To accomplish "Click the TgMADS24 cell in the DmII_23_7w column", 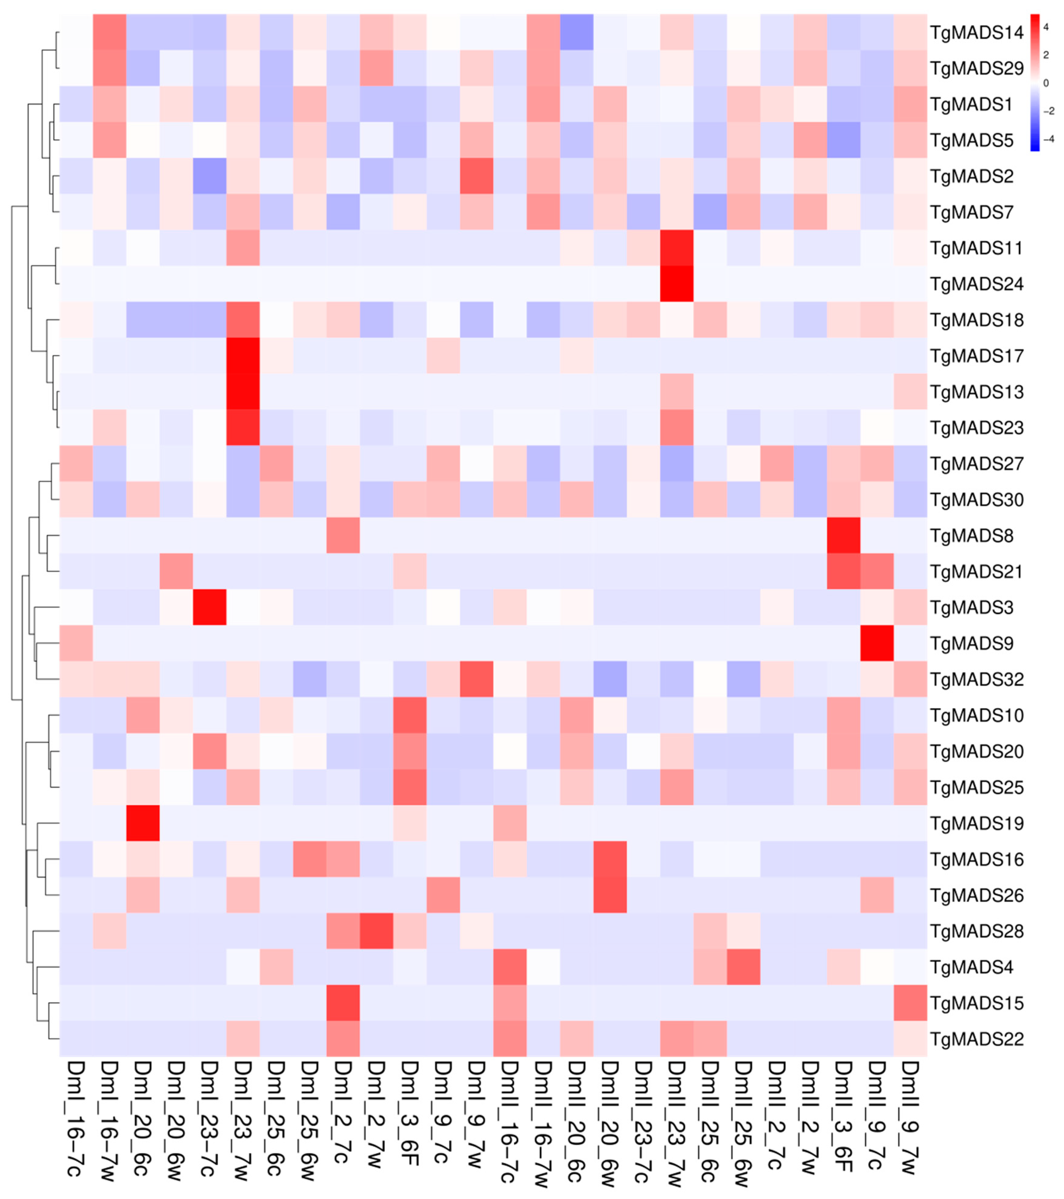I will pyautogui.click(x=676, y=284).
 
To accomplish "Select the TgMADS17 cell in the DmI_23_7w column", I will pyautogui.click(x=243, y=356).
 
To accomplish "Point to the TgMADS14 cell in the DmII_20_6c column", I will pyautogui.click(x=576, y=32).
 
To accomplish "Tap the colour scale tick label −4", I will pyautogui.click(x=1048, y=139).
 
